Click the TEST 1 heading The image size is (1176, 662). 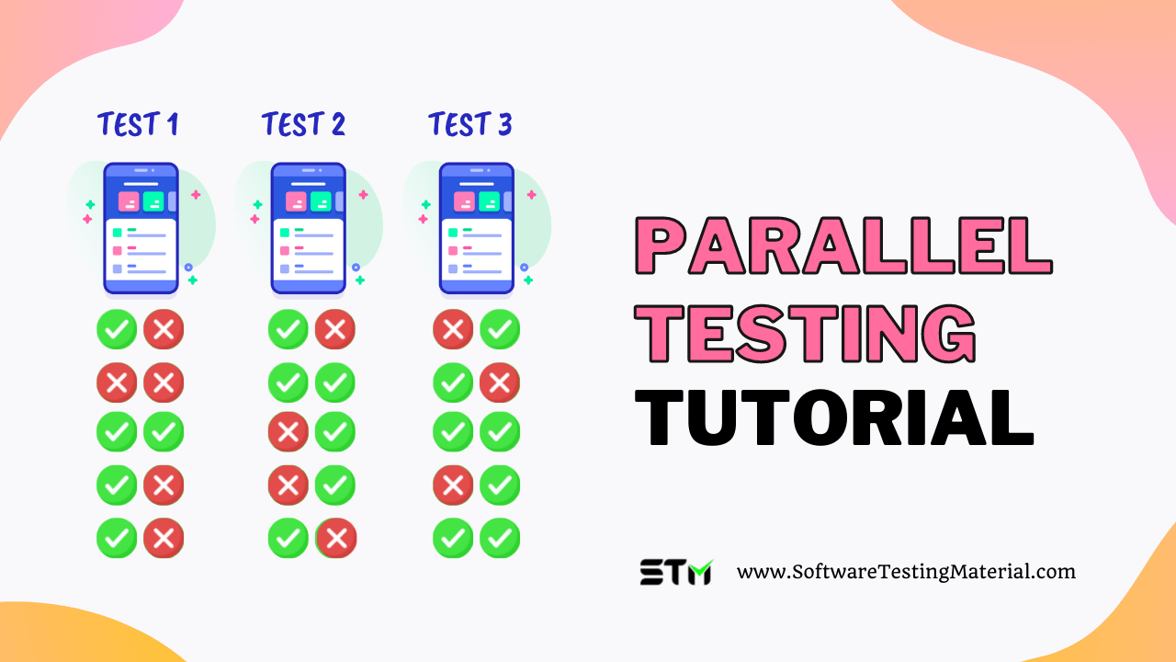138,124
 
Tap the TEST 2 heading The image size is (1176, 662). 303,124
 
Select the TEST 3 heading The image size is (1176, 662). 469,124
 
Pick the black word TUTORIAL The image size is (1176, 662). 834,417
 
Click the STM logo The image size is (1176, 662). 675,572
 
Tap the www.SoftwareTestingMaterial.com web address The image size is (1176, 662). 906,572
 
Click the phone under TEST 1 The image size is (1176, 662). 141,229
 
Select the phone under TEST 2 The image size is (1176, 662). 308,229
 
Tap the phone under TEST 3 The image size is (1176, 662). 476,229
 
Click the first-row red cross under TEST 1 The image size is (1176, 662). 164,329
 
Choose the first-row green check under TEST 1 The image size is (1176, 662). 117,329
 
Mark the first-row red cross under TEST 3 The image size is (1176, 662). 453,329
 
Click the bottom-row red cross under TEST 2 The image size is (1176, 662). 336,539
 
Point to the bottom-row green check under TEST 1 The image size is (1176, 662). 117,539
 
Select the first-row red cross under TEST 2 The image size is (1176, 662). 335,329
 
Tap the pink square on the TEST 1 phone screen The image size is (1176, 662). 128,201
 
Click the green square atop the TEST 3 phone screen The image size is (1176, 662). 489,201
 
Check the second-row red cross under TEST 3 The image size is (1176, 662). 500,382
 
